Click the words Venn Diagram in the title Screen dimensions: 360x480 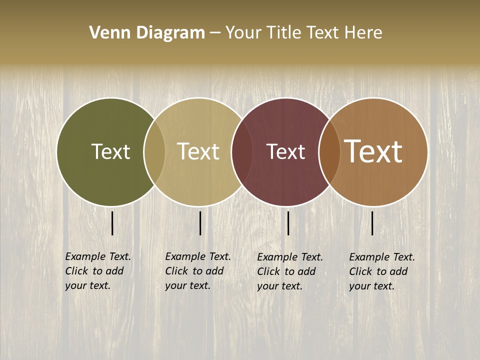pyautogui.click(x=147, y=33)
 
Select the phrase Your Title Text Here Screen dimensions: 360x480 pyautogui.click(x=303, y=33)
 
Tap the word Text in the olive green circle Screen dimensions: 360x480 pyautogui.click(x=110, y=152)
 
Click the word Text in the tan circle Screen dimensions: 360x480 pyautogui.click(x=198, y=152)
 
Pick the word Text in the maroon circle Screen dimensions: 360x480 pyautogui.click(x=285, y=152)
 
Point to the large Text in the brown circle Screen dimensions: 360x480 pyautogui.click(x=373, y=151)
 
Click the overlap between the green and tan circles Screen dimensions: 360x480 pyautogui.click(x=154, y=152)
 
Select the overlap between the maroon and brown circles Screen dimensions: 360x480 pyautogui.click(x=329, y=152)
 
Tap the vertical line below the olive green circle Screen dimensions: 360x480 pyautogui.click(x=112, y=223)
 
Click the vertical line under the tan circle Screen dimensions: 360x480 pyautogui.click(x=200, y=223)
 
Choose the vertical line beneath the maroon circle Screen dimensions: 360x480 pyautogui.click(x=288, y=223)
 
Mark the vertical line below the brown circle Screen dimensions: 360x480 pyautogui.click(x=372, y=223)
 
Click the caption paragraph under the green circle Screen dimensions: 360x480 pyautogui.click(x=98, y=271)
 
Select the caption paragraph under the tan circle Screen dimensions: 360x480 pyautogui.click(x=198, y=271)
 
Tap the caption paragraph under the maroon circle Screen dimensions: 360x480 pyautogui.click(x=290, y=271)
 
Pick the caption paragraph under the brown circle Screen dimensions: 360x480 pyautogui.click(x=382, y=271)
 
